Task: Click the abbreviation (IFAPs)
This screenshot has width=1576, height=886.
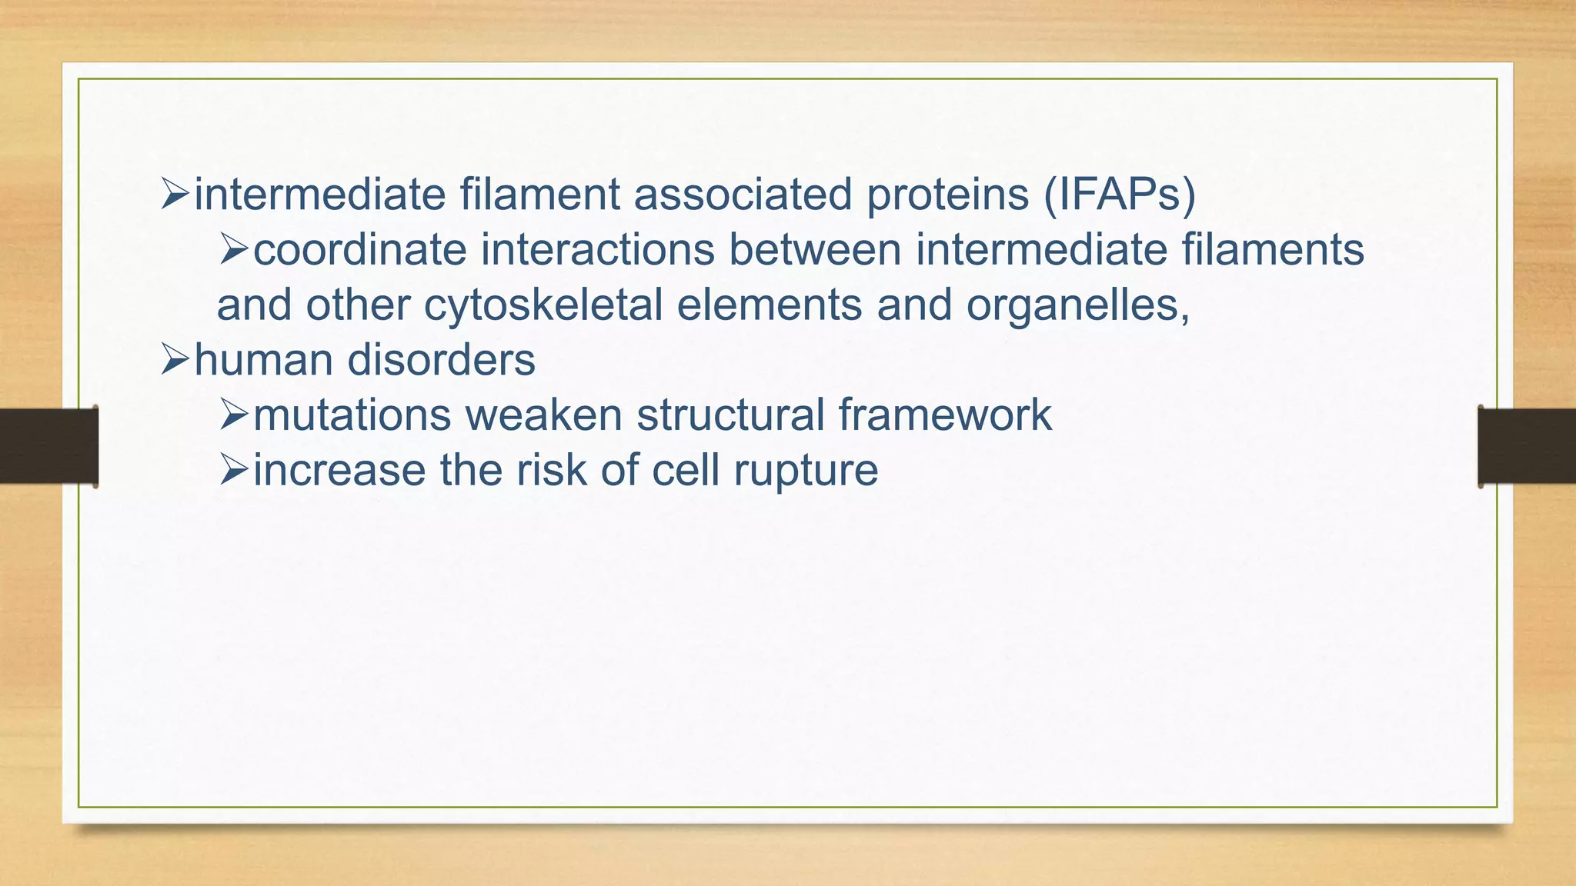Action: point(1120,195)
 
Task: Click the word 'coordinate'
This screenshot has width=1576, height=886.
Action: point(359,251)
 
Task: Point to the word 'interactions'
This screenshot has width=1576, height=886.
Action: point(598,251)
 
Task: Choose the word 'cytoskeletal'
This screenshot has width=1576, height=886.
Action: point(543,306)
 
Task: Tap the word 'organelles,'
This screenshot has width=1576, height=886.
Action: point(1078,306)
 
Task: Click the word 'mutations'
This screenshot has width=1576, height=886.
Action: point(352,415)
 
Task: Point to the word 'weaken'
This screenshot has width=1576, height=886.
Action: point(543,415)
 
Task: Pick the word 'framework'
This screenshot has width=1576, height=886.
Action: point(945,415)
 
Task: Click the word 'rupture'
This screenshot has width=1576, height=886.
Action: point(805,471)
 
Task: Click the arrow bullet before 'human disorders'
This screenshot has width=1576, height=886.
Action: point(175,360)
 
